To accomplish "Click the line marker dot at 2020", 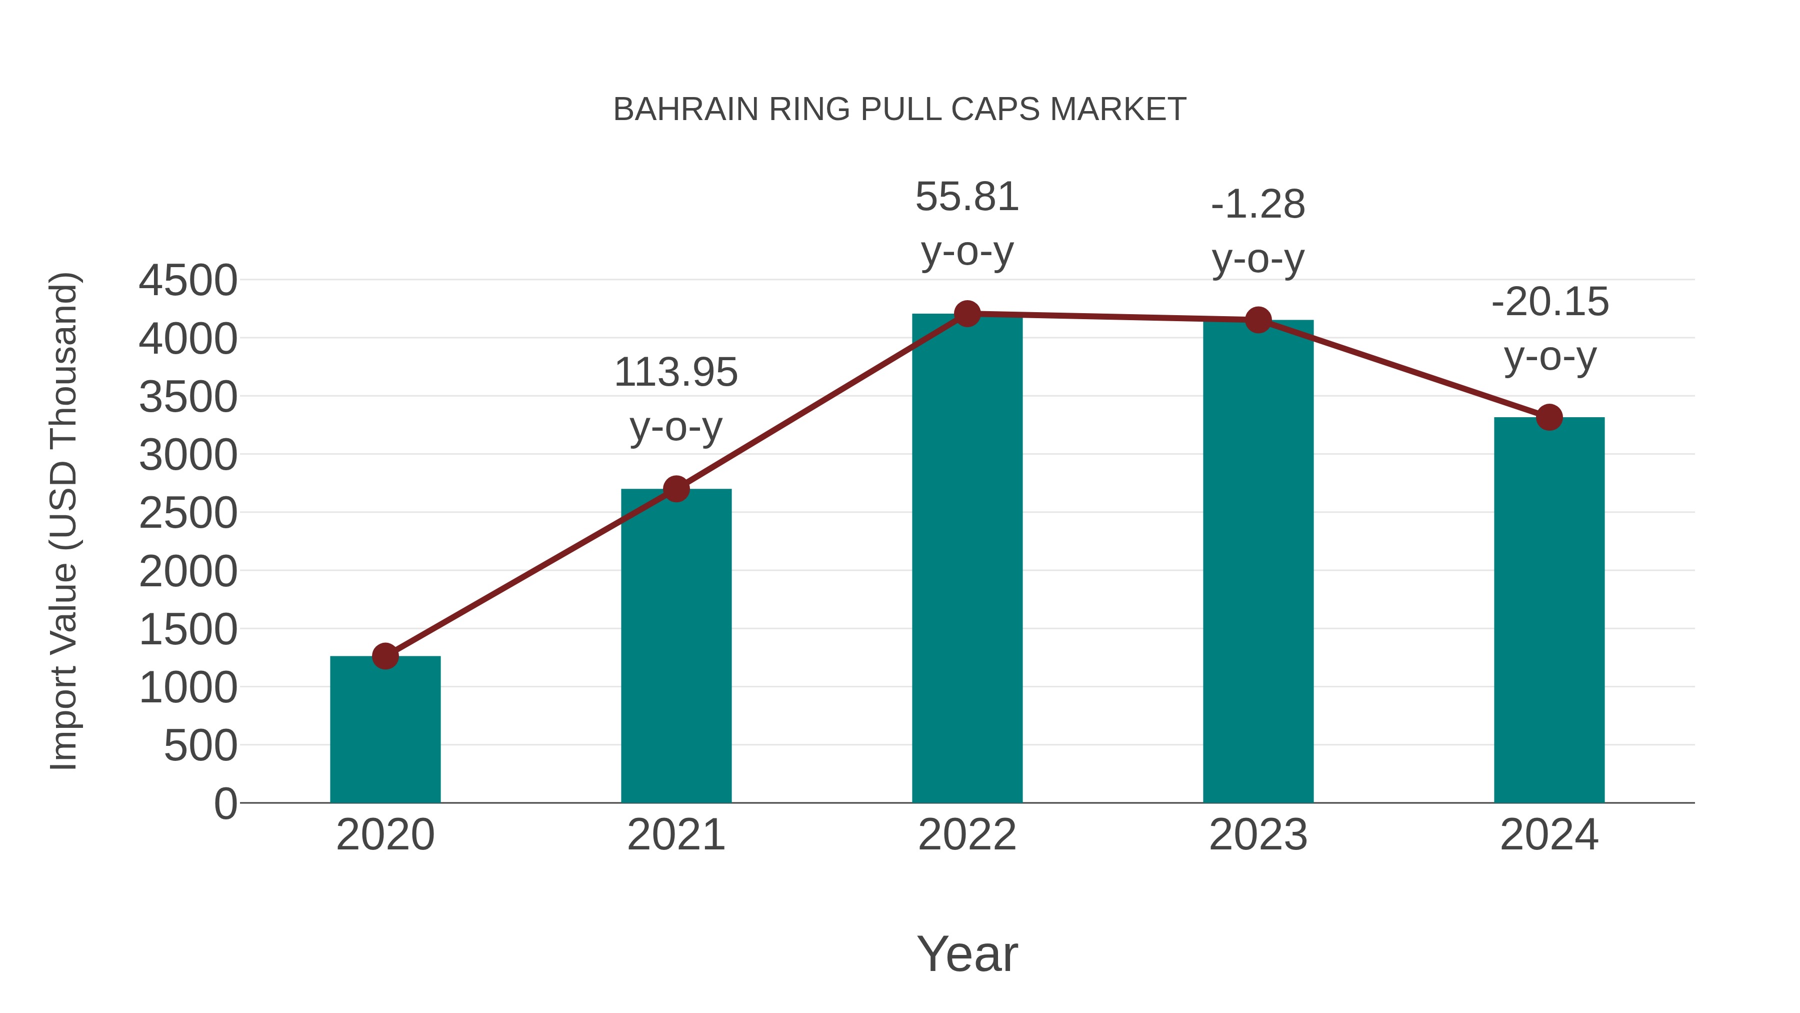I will click(x=385, y=656).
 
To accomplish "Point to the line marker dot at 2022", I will click(x=967, y=314).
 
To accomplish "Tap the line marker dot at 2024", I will click(x=1549, y=417).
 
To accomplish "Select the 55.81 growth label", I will click(x=967, y=197).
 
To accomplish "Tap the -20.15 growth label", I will click(x=1550, y=302).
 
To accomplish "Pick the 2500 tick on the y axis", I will click(x=188, y=513).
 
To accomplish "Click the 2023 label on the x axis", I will click(x=1258, y=835).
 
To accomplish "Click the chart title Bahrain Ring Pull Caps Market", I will click(x=899, y=110).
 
